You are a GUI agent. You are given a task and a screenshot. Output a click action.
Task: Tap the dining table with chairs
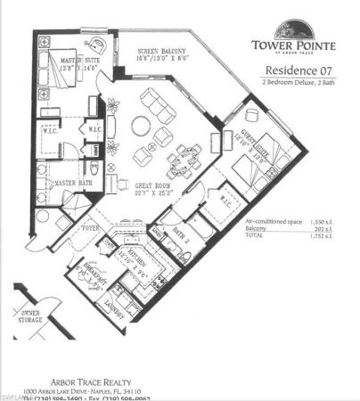point(184,154)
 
